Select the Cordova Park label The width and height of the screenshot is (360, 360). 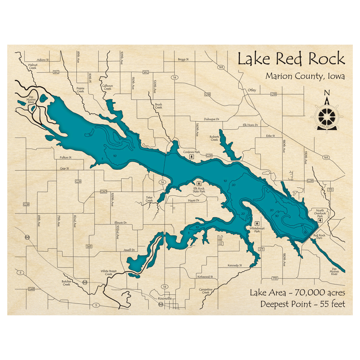[x=191, y=152]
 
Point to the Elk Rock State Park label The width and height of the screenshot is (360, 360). [x=199, y=190]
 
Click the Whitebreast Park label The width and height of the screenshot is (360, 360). [x=255, y=230]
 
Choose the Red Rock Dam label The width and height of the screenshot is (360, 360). [x=319, y=237]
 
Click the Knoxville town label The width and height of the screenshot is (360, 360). [x=165, y=299]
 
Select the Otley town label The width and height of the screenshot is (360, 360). [x=252, y=90]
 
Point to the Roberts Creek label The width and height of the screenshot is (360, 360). [x=214, y=138]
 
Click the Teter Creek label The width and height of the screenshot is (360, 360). [x=149, y=199]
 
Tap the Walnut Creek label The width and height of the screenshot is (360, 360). [x=33, y=66]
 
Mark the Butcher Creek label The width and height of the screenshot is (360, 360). [x=66, y=283]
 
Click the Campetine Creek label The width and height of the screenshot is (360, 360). [x=206, y=291]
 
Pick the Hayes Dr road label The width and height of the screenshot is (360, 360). [x=193, y=201]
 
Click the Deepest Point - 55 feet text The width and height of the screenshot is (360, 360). [x=302, y=304]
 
